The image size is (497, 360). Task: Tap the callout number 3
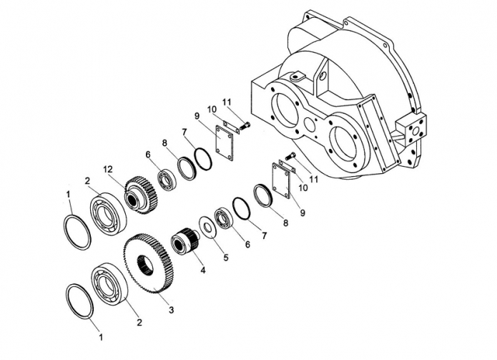(x=171, y=310)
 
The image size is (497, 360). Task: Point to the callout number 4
(x=203, y=271)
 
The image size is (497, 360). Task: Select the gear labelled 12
(x=141, y=195)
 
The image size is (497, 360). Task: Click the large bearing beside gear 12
(x=108, y=214)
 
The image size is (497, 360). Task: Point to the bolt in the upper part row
(x=245, y=125)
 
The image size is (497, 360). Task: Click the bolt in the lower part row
(x=290, y=156)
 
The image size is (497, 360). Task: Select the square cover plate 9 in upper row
(x=224, y=140)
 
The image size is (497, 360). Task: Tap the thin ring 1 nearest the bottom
(x=79, y=301)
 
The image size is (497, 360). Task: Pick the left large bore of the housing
(x=285, y=111)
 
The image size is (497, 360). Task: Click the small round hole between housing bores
(x=310, y=125)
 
